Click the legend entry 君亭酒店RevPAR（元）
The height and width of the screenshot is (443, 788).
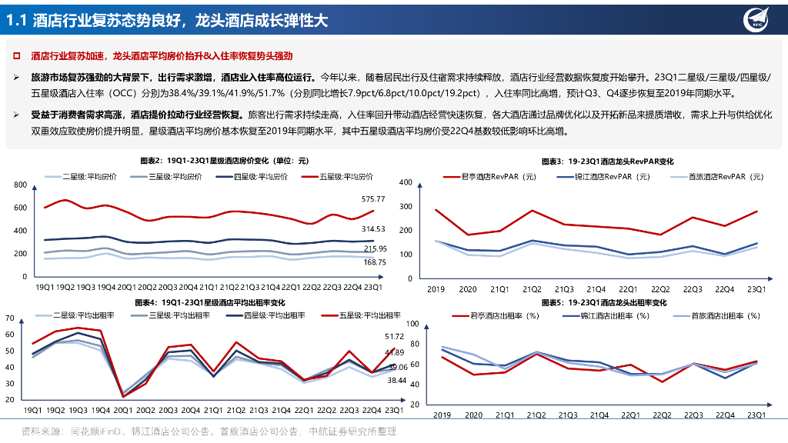pyautogui.click(x=492, y=176)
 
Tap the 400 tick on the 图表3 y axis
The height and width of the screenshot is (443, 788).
pyautogui.click(x=407, y=182)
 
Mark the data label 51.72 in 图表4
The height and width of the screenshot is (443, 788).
pyautogui.click(x=392, y=337)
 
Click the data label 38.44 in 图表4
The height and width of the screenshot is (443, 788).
pyautogui.click(x=396, y=381)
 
